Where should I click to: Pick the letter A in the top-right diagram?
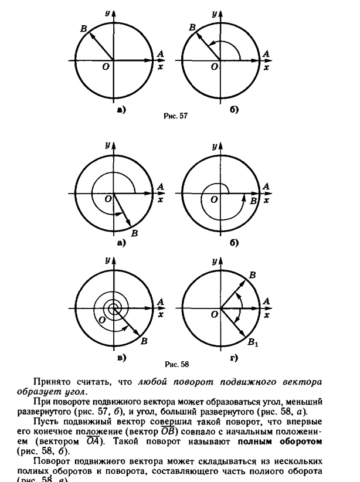[x=267, y=53]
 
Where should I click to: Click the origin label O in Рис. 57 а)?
[x=104, y=67]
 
